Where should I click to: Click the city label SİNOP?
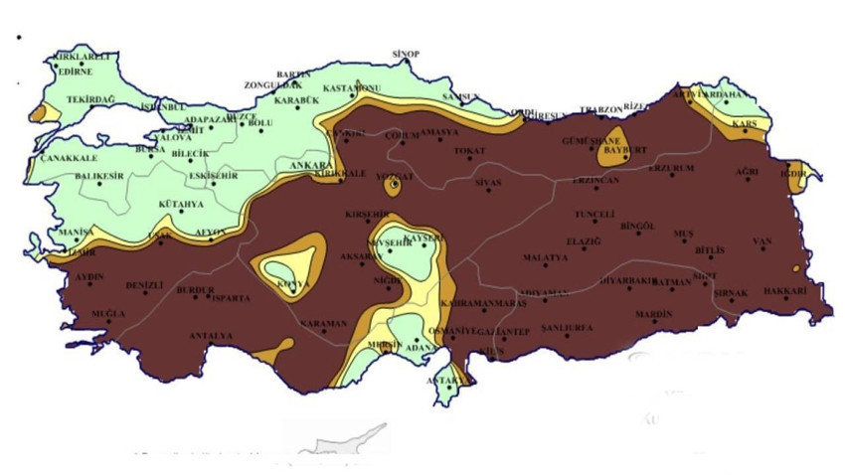407,54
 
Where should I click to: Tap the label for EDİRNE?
76,72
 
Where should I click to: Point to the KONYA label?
292,284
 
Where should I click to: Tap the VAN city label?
762,241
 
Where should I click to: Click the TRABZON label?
600,109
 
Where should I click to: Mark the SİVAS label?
488,183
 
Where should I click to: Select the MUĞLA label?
107,314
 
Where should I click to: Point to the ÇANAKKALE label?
69,158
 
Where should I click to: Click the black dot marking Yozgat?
395,184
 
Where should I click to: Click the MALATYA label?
545,257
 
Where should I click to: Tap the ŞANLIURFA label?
566,328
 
